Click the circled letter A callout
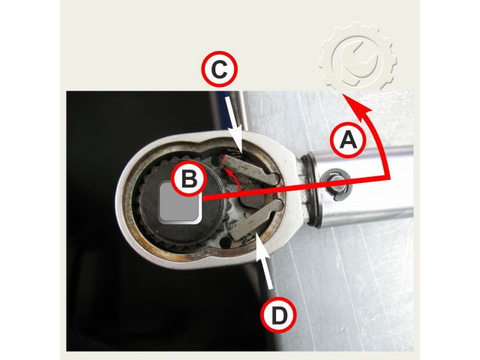click(x=348, y=140)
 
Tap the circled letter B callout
click(x=189, y=178)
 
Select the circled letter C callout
click(x=219, y=70)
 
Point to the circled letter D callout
click(x=278, y=315)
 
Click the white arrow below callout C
click(x=234, y=125)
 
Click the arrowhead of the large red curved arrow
click(x=357, y=103)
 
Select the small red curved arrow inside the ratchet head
click(x=232, y=178)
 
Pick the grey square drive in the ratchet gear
click(x=180, y=202)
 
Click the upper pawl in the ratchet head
click(x=250, y=170)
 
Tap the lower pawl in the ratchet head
click(x=255, y=219)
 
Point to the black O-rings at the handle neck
click(x=310, y=190)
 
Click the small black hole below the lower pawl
click(x=226, y=243)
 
